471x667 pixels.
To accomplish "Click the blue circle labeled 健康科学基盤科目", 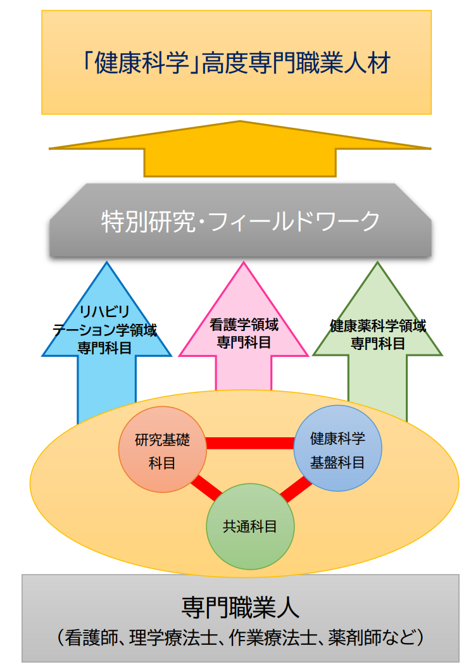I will (x=337, y=449).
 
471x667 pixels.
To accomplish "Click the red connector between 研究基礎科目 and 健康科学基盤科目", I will (x=250, y=443).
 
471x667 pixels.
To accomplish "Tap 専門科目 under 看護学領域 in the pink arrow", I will (x=244, y=342).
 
